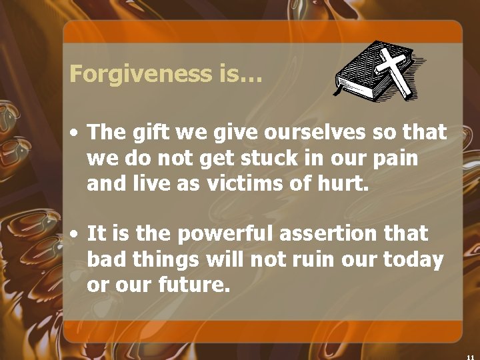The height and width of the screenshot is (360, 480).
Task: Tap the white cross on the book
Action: click(x=395, y=69)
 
